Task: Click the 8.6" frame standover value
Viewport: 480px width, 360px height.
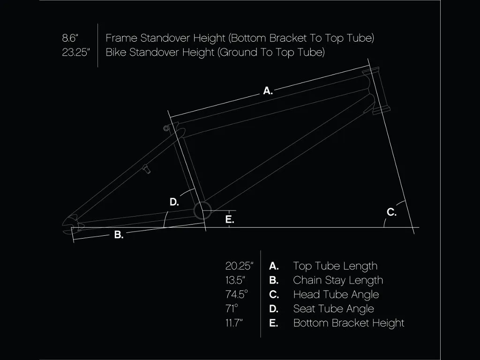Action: pyautogui.click(x=70, y=38)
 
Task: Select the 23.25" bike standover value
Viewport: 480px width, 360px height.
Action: pyautogui.click(x=75, y=52)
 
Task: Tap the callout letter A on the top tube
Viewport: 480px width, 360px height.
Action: pyautogui.click(x=268, y=90)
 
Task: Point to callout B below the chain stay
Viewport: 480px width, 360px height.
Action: pyautogui.click(x=119, y=235)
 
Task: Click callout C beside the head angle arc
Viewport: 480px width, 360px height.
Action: pyautogui.click(x=391, y=212)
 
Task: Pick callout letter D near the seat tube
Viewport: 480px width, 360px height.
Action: pyautogui.click(x=174, y=202)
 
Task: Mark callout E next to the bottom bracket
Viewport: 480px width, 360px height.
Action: pyautogui.click(x=230, y=219)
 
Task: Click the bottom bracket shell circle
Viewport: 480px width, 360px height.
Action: pyautogui.click(x=202, y=210)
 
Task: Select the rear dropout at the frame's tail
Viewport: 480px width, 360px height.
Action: pyautogui.click(x=71, y=225)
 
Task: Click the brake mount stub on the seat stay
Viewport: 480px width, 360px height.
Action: pyautogui.click(x=147, y=169)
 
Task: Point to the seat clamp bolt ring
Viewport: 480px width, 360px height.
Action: pyautogui.click(x=166, y=128)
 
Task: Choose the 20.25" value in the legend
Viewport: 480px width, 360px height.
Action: pyautogui.click(x=239, y=266)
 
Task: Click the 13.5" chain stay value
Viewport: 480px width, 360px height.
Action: pyautogui.click(x=235, y=280)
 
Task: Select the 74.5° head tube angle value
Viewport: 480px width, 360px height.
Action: pyautogui.click(x=237, y=294)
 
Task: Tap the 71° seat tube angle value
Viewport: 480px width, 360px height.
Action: pyautogui.click(x=232, y=308)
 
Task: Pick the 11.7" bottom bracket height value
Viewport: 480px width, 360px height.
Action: pyautogui.click(x=234, y=322)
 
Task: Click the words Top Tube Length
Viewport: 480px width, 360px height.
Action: pyautogui.click(x=335, y=266)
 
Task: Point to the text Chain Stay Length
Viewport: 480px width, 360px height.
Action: pyautogui.click(x=338, y=280)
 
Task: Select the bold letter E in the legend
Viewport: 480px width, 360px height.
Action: pyautogui.click(x=273, y=323)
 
